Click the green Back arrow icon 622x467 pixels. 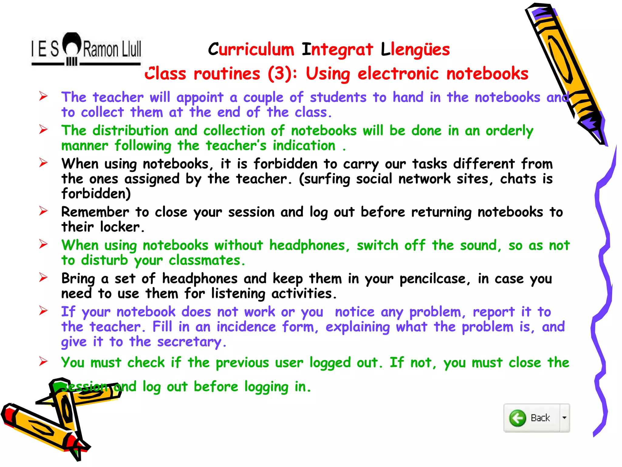[x=518, y=418]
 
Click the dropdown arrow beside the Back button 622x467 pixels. [x=564, y=418]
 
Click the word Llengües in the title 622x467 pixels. [x=415, y=50]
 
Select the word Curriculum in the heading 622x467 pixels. [x=251, y=50]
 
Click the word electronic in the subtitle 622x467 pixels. [x=398, y=74]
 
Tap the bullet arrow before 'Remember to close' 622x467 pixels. [x=43, y=211]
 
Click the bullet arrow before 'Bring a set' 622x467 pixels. [x=43, y=277]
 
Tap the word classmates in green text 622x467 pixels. [x=206, y=261]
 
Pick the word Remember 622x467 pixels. [x=95, y=212]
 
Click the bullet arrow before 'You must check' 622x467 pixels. [x=43, y=361]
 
